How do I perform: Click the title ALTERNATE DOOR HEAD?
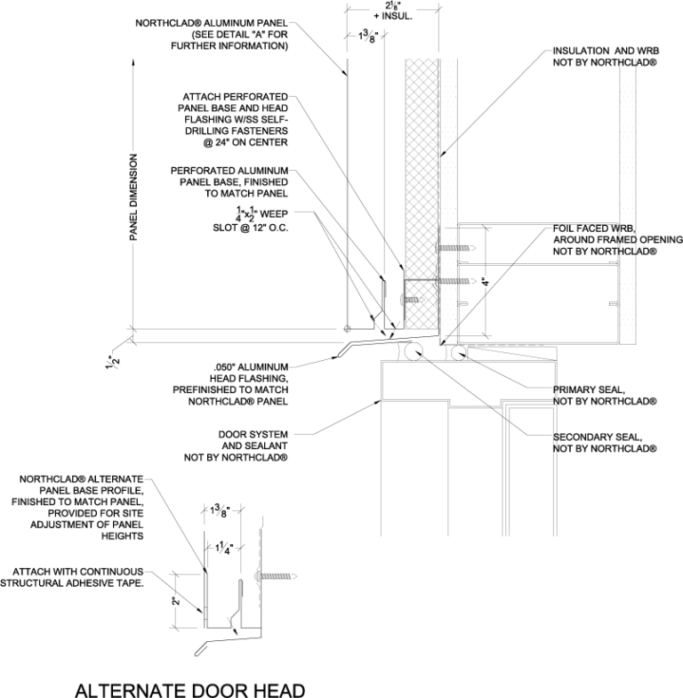pyautogui.click(x=189, y=690)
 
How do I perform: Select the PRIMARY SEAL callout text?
pyautogui.click(x=605, y=395)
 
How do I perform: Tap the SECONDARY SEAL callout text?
pyautogui.click(x=605, y=443)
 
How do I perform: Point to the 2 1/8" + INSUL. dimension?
pyautogui.click(x=393, y=11)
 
